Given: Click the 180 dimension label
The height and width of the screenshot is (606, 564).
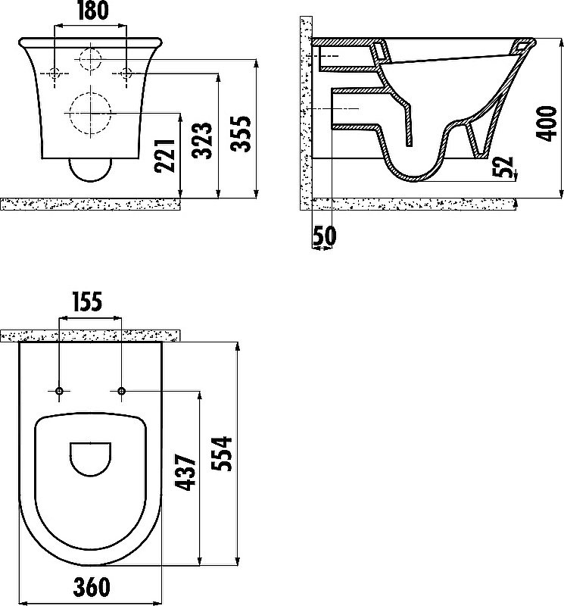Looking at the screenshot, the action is (x=92, y=11).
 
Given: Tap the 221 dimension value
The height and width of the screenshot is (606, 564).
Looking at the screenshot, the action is (x=165, y=156).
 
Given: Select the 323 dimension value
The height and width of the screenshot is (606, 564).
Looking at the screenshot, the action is (x=202, y=141).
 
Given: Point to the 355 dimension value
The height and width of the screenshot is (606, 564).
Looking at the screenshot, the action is (x=240, y=133).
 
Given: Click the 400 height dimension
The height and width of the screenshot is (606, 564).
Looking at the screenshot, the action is (x=547, y=123).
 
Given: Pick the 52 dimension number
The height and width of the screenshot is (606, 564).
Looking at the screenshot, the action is (x=503, y=167).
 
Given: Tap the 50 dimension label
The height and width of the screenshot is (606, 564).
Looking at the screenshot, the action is (x=325, y=236).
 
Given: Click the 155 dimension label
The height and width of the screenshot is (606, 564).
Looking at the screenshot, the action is (x=88, y=301).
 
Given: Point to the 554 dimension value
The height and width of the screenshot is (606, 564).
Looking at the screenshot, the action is (x=222, y=454).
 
